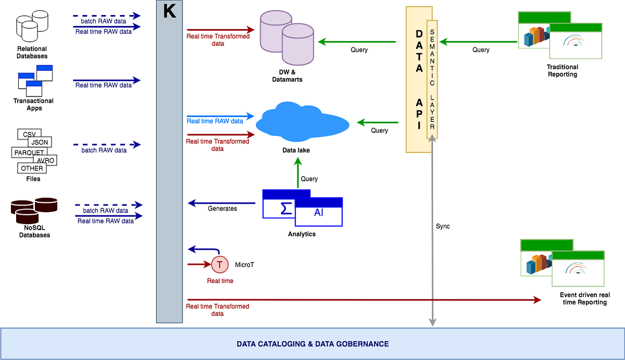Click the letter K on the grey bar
pyautogui.click(x=170, y=12)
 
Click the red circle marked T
pyautogui.click(x=219, y=265)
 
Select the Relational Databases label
pyautogui.click(x=32, y=52)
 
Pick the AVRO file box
pyautogui.click(x=46, y=160)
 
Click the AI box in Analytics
pyautogui.click(x=318, y=213)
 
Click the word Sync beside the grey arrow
pyautogui.click(x=443, y=227)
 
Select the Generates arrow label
pyautogui.click(x=222, y=208)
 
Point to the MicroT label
pyautogui.click(x=245, y=265)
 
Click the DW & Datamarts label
pyautogui.click(x=287, y=76)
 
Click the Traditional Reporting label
pyautogui.click(x=562, y=70)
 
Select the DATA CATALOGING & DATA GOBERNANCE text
pyautogui.click(x=312, y=344)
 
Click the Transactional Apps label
pyautogui.click(x=33, y=104)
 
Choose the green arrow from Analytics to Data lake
pyautogui.click(x=298, y=173)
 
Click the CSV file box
pyautogui.click(x=29, y=134)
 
